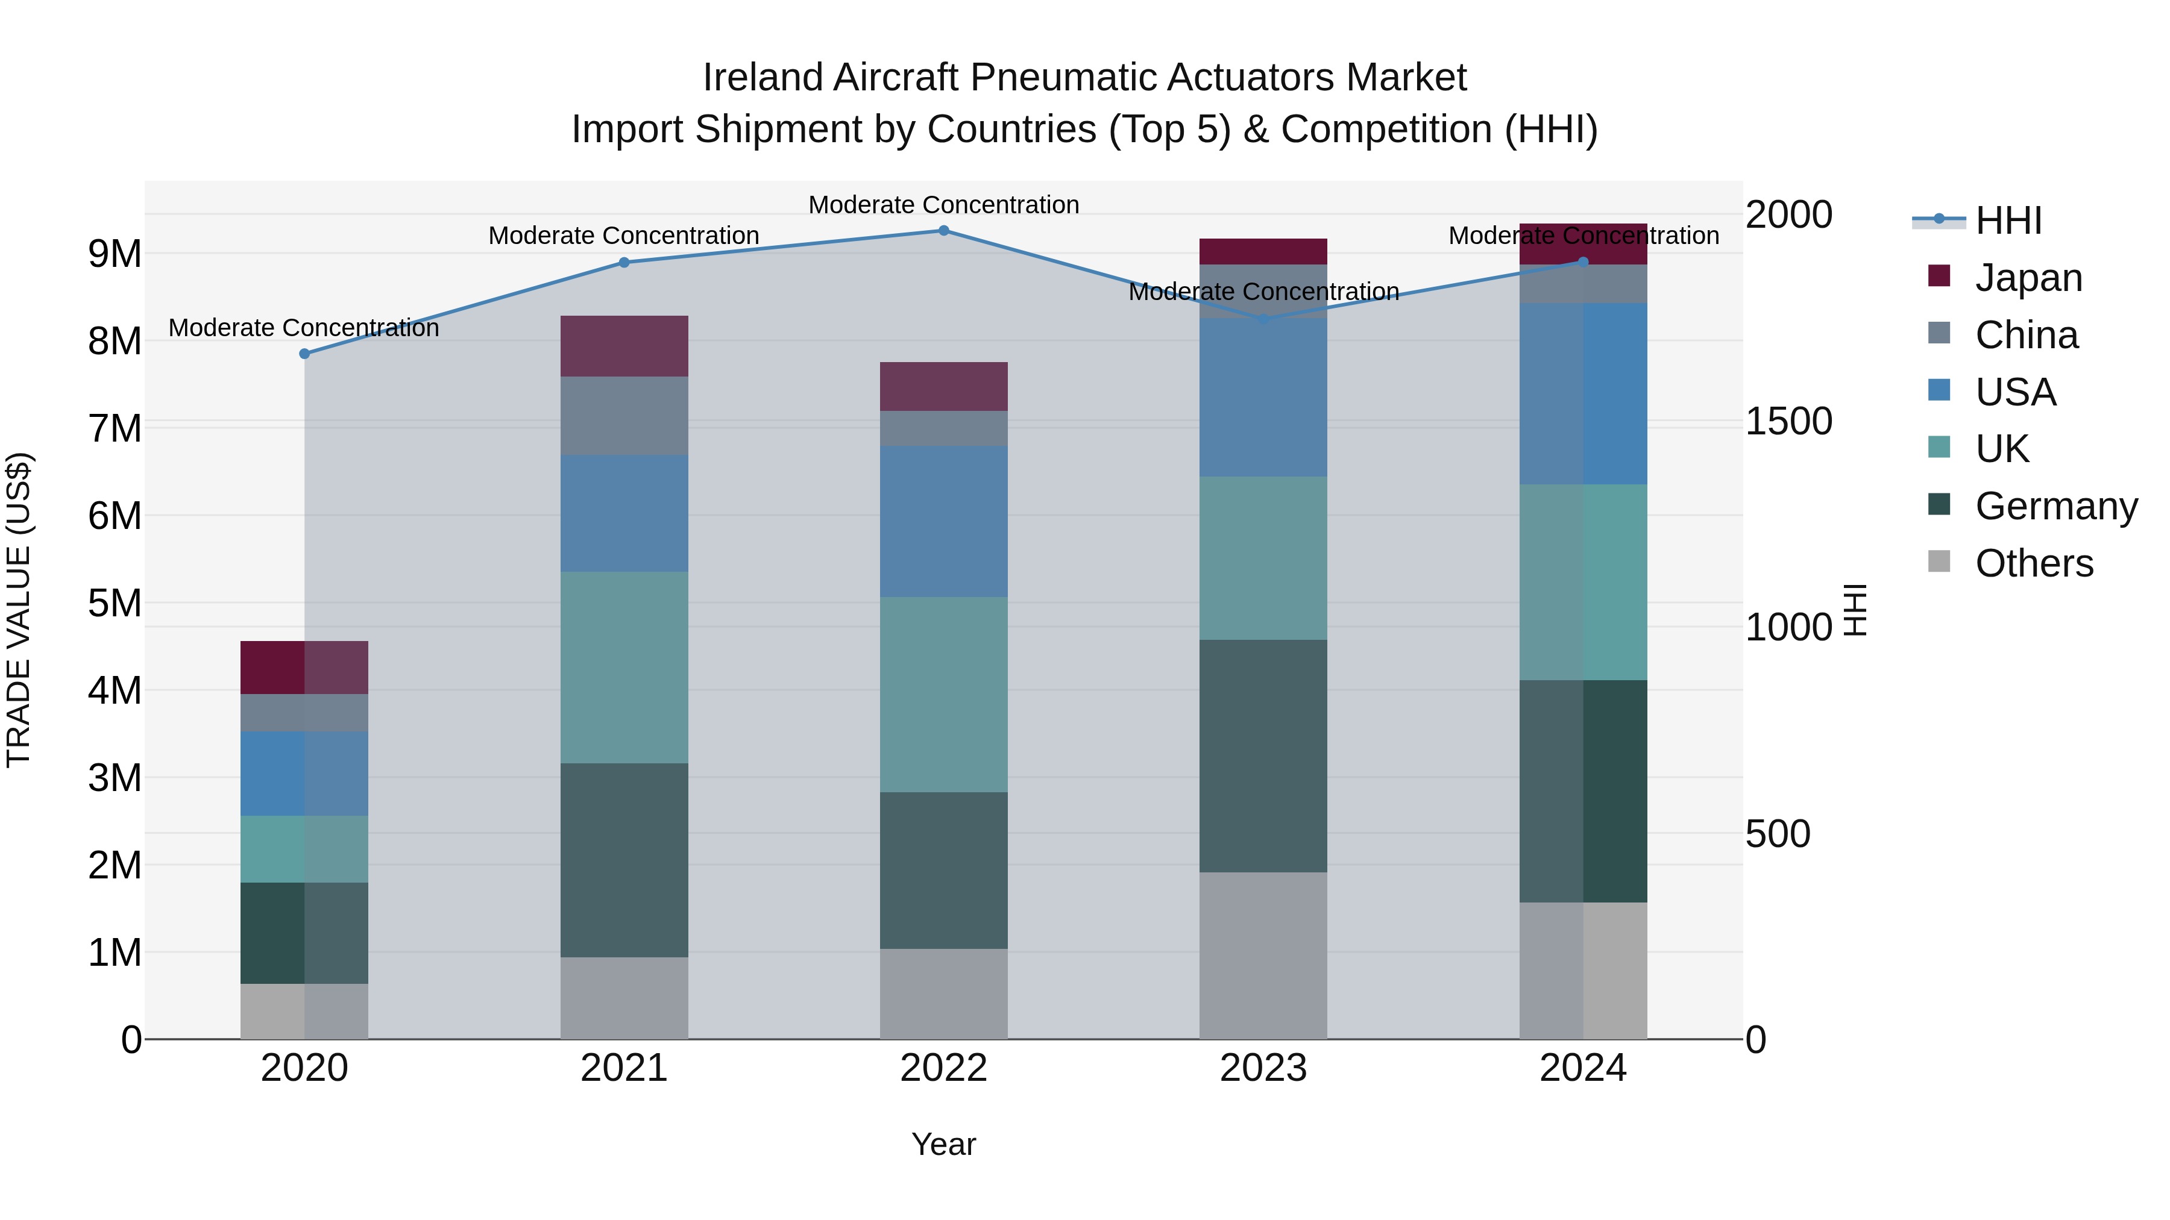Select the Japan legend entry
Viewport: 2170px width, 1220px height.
[x=2028, y=278]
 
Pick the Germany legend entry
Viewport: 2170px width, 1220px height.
[x=2055, y=506]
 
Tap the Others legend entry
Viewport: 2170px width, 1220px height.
[x=2034, y=563]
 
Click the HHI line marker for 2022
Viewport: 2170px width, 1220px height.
[x=943, y=231]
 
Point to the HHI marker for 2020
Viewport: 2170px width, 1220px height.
[x=304, y=354]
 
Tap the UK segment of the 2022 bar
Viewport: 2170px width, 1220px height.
[x=943, y=695]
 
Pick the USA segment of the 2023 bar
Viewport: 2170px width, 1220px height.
[x=1263, y=398]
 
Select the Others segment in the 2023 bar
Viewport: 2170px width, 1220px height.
[x=1263, y=955]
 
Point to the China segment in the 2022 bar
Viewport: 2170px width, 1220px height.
[x=943, y=428]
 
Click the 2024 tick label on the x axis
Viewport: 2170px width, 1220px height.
[x=1582, y=1068]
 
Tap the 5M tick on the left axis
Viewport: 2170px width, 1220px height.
[x=115, y=603]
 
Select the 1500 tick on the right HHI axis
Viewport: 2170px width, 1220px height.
[x=1788, y=421]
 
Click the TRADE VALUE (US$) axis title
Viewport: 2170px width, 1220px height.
[x=19, y=610]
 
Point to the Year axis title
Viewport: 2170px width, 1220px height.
[x=943, y=1144]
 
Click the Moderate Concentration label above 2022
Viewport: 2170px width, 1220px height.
[x=943, y=205]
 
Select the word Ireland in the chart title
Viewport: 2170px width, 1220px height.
[x=763, y=78]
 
